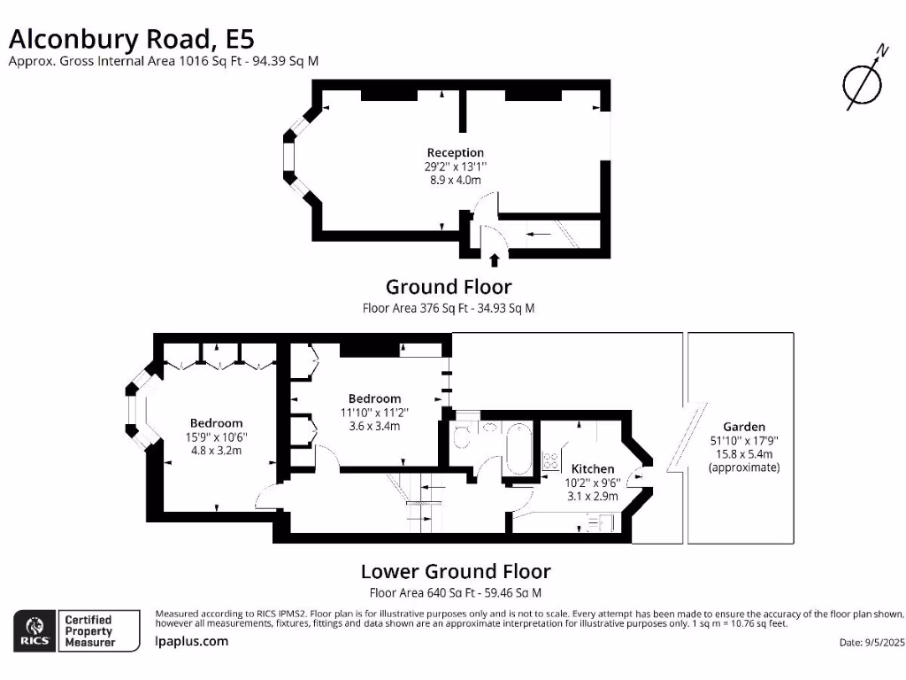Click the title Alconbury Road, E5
click(x=131, y=38)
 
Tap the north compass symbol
click(x=862, y=81)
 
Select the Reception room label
click(x=456, y=152)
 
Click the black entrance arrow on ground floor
click(x=494, y=259)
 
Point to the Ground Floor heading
click(x=449, y=287)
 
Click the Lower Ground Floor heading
click(x=456, y=571)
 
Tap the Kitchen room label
click(x=593, y=468)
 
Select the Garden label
click(x=744, y=426)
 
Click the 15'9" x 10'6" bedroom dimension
click(x=216, y=437)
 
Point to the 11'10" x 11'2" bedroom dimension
click(x=374, y=412)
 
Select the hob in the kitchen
click(x=551, y=460)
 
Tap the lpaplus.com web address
click(x=192, y=641)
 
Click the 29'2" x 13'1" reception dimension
click(x=456, y=166)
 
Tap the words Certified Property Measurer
click(x=89, y=630)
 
